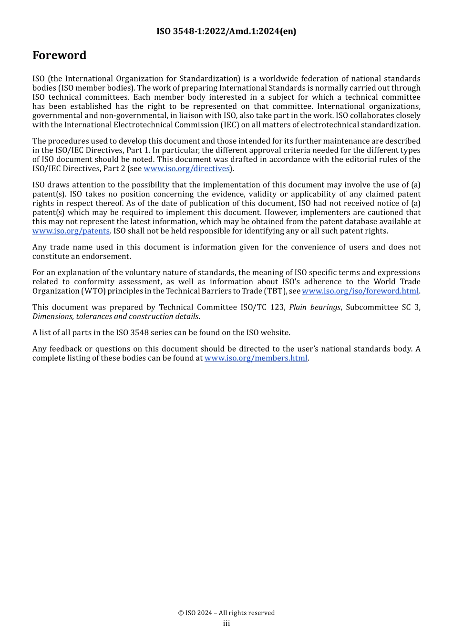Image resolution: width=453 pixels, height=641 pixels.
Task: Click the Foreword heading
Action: tap(59, 55)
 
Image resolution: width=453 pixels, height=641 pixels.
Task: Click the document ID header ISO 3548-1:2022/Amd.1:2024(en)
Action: tap(226, 31)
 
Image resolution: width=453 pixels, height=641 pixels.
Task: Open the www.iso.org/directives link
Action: tap(186, 169)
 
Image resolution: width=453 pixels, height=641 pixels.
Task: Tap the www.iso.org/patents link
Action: tap(71, 231)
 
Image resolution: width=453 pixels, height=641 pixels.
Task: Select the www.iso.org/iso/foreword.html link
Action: tap(360, 291)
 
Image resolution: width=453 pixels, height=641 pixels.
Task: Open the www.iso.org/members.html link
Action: tap(256, 358)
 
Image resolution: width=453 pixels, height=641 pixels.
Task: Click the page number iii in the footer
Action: tap(226, 624)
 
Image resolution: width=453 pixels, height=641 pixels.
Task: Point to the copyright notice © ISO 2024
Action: tap(226, 613)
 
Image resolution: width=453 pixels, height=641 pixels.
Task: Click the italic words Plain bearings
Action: tap(315, 308)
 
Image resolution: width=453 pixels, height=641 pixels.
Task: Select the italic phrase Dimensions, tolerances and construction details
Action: tap(115, 317)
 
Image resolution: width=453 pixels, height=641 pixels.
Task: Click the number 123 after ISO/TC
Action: tap(277, 308)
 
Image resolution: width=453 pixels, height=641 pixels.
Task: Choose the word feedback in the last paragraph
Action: tap(66, 349)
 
